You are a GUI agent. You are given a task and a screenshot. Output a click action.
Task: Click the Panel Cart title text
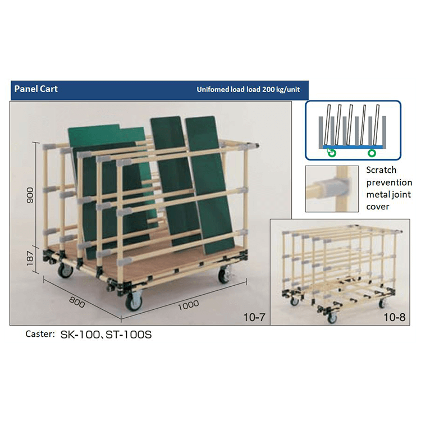pyautogui.click(x=36, y=89)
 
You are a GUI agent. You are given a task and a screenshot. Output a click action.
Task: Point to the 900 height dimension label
pyautogui.click(x=30, y=195)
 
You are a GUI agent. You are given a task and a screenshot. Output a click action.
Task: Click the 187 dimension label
pyautogui.click(x=30, y=258)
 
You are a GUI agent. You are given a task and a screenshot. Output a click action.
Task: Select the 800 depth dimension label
pyautogui.click(x=77, y=302)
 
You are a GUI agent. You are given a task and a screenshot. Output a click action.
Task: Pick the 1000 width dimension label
pyautogui.click(x=189, y=305)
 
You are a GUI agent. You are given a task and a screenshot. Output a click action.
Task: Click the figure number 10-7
pyautogui.click(x=254, y=317)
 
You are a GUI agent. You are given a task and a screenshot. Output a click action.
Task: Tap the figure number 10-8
pyautogui.click(x=395, y=317)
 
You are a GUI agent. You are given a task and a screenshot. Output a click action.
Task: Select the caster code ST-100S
pyautogui.click(x=129, y=335)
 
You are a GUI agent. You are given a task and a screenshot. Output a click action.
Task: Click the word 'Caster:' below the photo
pyautogui.click(x=40, y=334)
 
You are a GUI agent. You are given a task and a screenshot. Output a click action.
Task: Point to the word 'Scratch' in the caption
pyautogui.click(x=381, y=170)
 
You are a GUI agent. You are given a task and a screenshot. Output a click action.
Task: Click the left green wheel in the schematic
pyautogui.click(x=332, y=153)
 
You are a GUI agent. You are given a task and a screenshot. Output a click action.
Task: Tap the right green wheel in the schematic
pyautogui.click(x=372, y=153)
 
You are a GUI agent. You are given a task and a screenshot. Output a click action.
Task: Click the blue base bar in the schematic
pyautogui.click(x=353, y=147)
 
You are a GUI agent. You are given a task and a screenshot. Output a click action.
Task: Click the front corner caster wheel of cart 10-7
pyautogui.click(x=134, y=303)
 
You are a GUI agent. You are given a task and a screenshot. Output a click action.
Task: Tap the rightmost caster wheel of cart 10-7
pyautogui.click(x=223, y=275)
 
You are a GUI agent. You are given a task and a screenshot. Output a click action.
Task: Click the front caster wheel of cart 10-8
pyautogui.click(x=332, y=318)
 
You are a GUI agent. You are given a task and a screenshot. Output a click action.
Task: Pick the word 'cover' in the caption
pyautogui.click(x=378, y=207)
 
